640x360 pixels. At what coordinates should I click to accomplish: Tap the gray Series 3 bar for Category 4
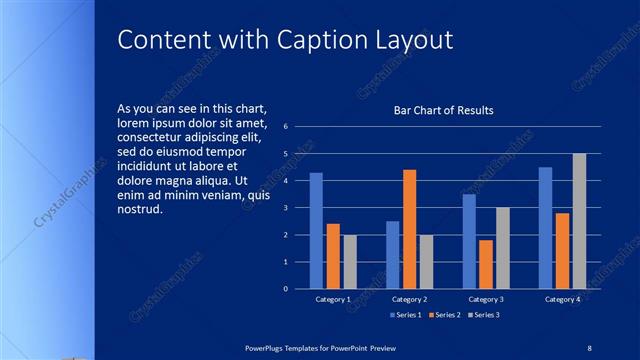tap(579, 221)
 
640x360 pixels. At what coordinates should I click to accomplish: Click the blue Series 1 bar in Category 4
tap(545, 228)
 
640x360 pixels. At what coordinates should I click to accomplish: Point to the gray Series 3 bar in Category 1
tap(350, 262)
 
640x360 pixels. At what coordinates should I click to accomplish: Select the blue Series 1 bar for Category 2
tap(393, 255)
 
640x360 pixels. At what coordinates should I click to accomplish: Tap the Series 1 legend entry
tap(405, 316)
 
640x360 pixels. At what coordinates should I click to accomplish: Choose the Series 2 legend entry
tap(444, 316)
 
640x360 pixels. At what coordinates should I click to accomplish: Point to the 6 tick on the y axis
tap(286, 127)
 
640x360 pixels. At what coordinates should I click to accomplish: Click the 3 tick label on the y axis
tap(286, 208)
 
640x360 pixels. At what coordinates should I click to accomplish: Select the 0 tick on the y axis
tap(286, 289)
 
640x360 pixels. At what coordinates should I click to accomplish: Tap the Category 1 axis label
tap(333, 299)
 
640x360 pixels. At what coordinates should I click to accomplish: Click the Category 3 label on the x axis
tap(486, 299)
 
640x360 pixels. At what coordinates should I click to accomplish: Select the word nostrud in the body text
tap(139, 210)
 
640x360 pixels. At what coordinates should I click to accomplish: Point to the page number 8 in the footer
tap(589, 347)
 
